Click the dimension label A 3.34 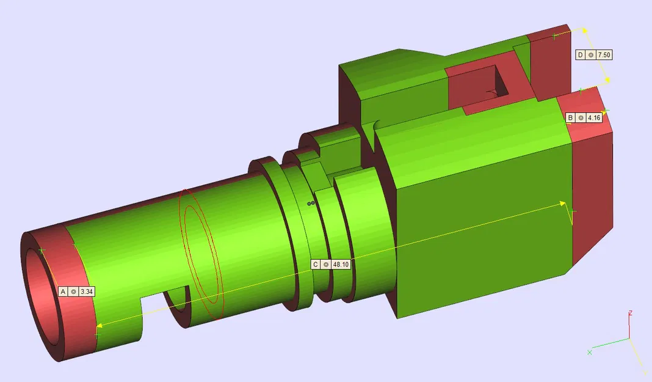click(x=77, y=292)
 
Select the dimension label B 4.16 click(x=584, y=117)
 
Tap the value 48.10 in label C click(x=341, y=265)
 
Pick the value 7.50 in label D click(x=604, y=55)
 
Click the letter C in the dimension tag click(x=315, y=265)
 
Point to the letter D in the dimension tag click(x=580, y=55)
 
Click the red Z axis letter click(x=630, y=313)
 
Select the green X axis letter click(x=589, y=352)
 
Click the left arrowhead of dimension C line click(x=99, y=326)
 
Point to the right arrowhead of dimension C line click(x=564, y=204)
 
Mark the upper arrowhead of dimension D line click(x=584, y=30)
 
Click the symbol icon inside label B click(x=581, y=117)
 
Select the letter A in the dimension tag click(x=63, y=292)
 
